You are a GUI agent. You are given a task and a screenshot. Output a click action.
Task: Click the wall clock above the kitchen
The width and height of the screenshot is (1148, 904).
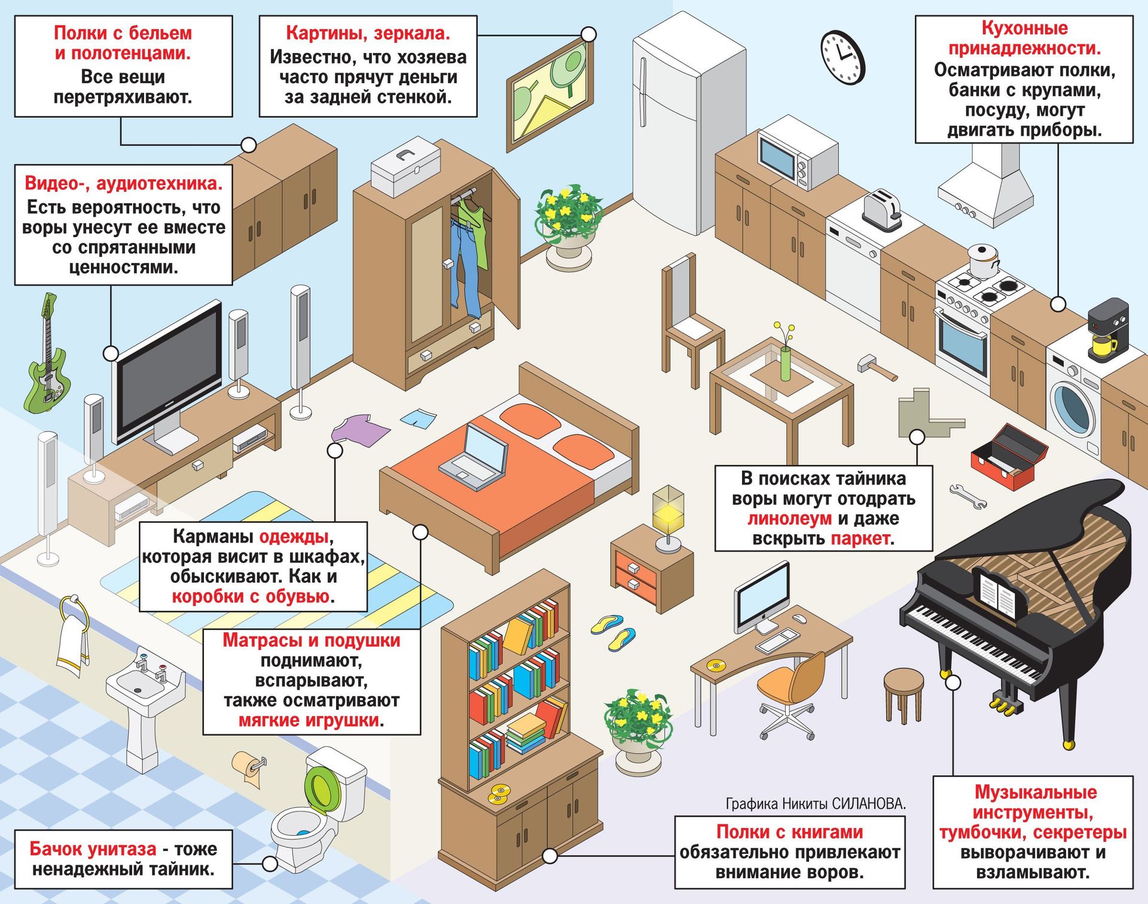843,57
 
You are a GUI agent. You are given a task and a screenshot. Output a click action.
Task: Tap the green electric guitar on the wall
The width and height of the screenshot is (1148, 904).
47,358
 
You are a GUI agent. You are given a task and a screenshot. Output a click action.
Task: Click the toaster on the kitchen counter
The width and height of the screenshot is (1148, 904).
881,210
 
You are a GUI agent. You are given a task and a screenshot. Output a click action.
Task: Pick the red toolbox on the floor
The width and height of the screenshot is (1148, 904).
1009,457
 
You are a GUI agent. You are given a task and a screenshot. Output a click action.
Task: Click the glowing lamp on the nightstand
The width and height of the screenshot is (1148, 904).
668,517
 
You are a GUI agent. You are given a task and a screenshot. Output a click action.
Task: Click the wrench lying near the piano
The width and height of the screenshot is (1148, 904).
968,497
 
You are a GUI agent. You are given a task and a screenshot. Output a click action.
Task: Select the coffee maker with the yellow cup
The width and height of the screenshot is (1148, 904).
1107,330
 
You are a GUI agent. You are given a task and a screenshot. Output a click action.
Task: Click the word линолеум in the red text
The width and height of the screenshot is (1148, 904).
789,518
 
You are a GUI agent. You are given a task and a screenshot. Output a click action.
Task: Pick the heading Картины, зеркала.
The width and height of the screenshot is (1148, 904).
368,33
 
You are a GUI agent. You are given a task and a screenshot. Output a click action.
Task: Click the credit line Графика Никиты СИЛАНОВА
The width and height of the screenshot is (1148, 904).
816,804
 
